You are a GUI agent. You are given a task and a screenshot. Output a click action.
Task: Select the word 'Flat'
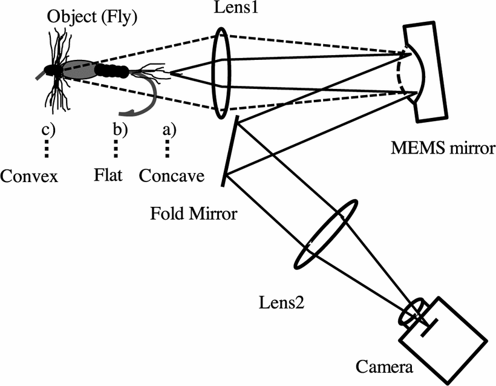(109, 176)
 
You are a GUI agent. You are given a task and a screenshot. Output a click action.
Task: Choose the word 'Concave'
(171, 176)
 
